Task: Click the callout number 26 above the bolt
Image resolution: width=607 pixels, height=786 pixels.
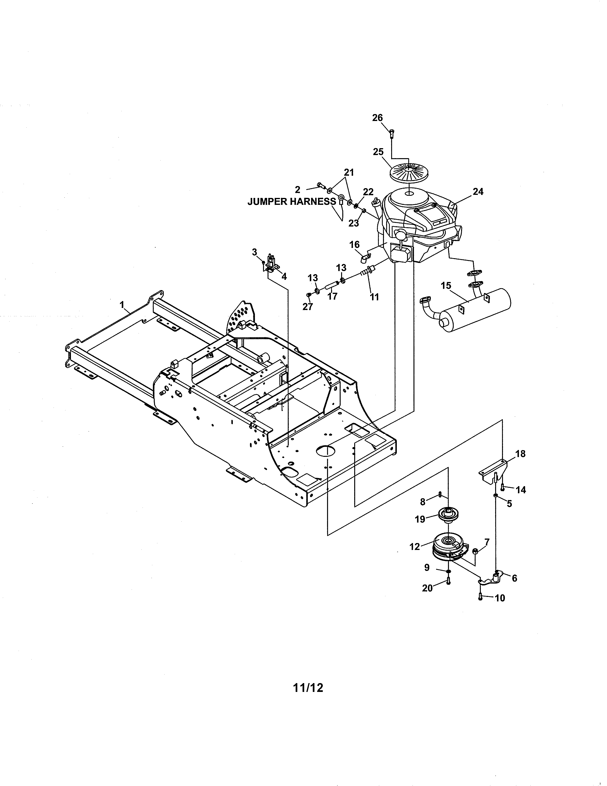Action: pyautogui.click(x=377, y=118)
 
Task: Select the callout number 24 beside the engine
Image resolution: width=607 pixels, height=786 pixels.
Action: pyautogui.click(x=478, y=191)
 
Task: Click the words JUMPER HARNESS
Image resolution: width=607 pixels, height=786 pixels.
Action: pyautogui.click(x=291, y=202)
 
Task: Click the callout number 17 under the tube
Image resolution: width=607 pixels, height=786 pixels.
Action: pyautogui.click(x=332, y=297)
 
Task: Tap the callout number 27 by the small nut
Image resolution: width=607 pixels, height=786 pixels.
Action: pyautogui.click(x=308, y=307)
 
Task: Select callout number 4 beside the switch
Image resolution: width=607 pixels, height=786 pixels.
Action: pyautogui.click(x=284, y=276)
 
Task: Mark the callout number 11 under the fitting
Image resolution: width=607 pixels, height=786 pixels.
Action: pyautogui.click(x=374, y=297)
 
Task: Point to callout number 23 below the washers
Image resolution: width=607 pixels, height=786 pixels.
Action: pyautogui.click(x=353, y=223)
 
